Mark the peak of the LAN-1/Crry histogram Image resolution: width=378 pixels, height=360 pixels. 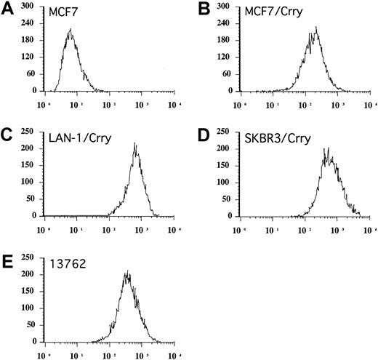point(135,144)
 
